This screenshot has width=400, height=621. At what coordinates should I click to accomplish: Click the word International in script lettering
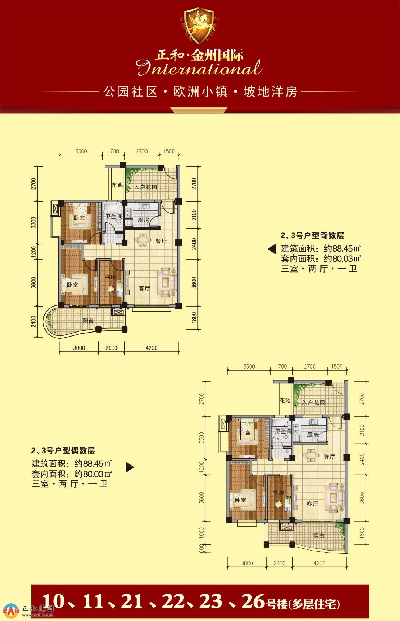click(x=200, y=68)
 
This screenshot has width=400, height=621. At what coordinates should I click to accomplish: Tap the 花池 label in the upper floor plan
click(x=117, y=185)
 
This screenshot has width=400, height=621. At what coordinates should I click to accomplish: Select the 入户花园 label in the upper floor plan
click(x=145, y=187)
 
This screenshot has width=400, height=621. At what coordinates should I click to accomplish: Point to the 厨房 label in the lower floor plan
click(x=313, y=434)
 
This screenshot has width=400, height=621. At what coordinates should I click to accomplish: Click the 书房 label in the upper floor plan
click(x=110, y=277)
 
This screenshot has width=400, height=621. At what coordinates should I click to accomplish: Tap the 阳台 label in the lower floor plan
click(x=319, y=535)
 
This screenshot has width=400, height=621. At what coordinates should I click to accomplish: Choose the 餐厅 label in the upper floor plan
click(x=161, y=241)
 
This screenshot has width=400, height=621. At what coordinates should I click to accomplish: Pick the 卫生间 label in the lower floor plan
click(x=283, y=432)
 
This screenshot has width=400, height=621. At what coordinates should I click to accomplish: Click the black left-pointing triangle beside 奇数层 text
click(x=272, y=249)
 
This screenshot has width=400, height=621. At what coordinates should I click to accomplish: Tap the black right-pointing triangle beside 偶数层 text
click(x=130, y=467)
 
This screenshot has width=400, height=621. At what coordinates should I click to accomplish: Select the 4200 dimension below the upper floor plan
click(x=152, y=348)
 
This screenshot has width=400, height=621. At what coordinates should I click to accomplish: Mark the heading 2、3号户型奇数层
click(x=312, y=236)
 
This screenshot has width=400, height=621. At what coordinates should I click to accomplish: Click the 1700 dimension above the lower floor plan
click(x=281, y=366)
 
